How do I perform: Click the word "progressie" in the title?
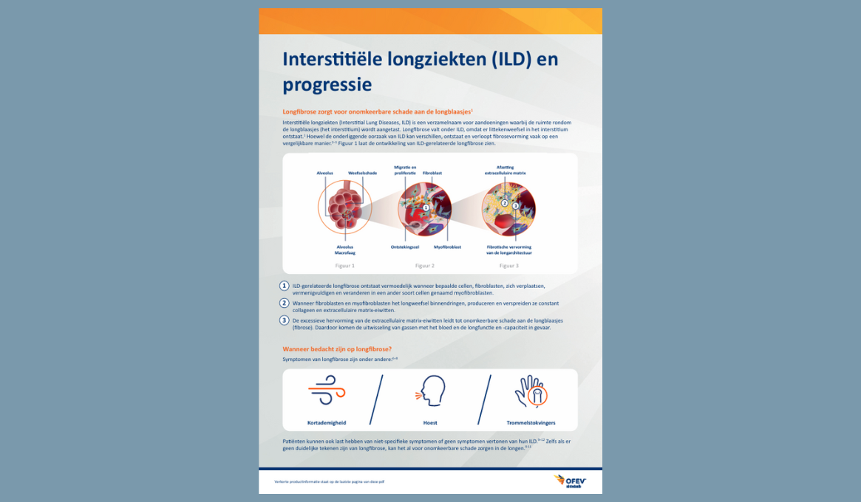[327, 84]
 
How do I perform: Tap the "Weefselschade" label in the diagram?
[362, 172]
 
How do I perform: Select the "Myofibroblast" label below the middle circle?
[447, 247]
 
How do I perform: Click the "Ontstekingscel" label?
[405, 247]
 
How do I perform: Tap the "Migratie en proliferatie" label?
[405, 170]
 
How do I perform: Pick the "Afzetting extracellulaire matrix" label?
[506, 170]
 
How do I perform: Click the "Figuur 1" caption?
[344, 265]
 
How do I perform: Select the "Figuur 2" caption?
[425, 265]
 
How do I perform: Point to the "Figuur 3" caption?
[508, 265]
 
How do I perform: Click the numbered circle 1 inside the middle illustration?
[426, 207]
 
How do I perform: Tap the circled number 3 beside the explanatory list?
[284, 320]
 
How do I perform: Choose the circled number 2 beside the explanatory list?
[284, 303]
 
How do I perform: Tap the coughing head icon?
[430, 391]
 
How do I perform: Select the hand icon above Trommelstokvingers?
[531, 391]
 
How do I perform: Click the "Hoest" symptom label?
[430, 423]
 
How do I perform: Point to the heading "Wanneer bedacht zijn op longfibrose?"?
[337, 348]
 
